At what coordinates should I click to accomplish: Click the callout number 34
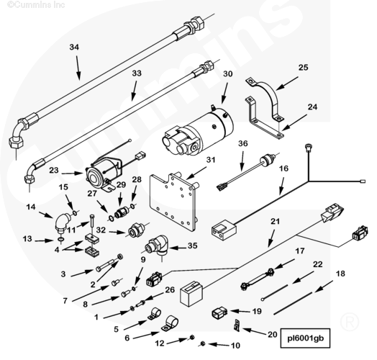click(x=74, y=47)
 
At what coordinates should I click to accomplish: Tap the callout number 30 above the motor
click(x=227, y=73)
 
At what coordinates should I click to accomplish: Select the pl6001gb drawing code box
click(x=305, y=338)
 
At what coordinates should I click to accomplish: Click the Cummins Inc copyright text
click(x=36, y=4)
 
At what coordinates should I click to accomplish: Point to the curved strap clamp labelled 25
click(x=265, y=97)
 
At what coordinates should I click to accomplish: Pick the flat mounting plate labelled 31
click(x=173, y=202)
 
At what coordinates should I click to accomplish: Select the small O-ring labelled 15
click(x=75, y=212)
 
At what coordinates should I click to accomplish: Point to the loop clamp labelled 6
click(x=170, y=324)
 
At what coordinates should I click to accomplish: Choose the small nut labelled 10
click(x=202, y=344)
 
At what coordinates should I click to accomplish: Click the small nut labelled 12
click(x=192, y=338)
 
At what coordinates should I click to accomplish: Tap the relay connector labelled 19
click(x=219, y=313)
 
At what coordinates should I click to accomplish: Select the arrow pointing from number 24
click(x=294, y=122)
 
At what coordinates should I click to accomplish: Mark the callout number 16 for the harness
click(x=283, y=168)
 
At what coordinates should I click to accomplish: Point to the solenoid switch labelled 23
click(x=104, y=174)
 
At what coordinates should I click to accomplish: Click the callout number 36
click(x=243, y=143)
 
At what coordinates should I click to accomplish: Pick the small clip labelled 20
click(x=237, y=325)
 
